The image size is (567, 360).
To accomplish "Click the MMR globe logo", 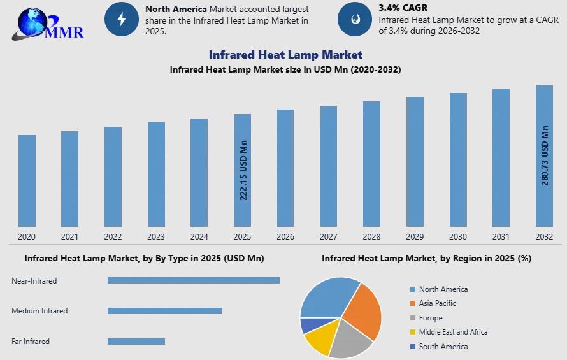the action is [48, 24].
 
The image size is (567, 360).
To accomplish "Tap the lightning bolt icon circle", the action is [122, 19].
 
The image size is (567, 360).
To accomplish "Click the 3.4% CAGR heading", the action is [403, 8].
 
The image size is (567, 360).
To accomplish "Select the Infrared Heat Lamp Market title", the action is [285, 55].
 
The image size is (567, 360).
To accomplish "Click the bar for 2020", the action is [27, 181].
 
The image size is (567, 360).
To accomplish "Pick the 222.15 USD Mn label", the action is [243, 170].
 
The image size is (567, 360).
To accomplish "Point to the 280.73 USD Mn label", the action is [545, 155].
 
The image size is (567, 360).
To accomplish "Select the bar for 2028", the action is [371, 164].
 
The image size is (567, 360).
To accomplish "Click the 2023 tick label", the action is [156, 236].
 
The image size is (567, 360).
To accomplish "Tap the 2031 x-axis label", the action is [501, 236].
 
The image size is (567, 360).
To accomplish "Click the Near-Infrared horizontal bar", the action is [194, 280].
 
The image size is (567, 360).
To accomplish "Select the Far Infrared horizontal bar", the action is [136, 341].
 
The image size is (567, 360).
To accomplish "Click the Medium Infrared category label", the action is [39, 311].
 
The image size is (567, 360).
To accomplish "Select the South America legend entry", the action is [439, 346].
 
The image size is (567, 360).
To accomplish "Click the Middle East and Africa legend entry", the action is [449, 332].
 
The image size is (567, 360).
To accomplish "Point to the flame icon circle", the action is [355, 19].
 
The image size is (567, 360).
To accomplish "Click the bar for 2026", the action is [285, 168].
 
